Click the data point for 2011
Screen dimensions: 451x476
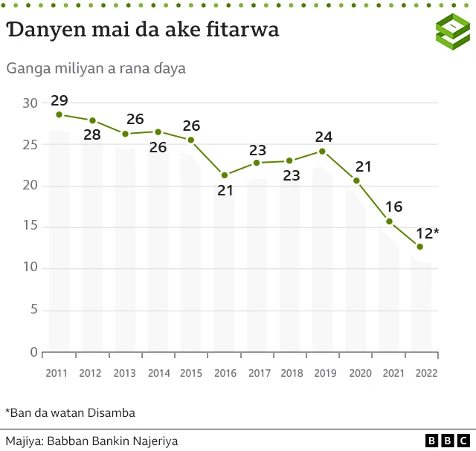(59, 114)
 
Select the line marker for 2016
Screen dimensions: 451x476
(225, 175)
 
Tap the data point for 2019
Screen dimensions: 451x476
(322, 151)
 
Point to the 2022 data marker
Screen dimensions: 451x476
(420, 247)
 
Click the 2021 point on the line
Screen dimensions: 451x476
(389, 221)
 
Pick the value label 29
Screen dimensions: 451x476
(59, 100)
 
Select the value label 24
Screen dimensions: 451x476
(324, 137)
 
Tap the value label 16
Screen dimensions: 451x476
(394, 207)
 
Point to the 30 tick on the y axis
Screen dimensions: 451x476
(30, 103)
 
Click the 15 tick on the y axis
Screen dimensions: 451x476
(30, 227)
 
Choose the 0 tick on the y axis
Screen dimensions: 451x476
(33, 352)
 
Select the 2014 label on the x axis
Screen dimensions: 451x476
(158, 374)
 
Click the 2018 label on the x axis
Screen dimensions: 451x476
(291, 374)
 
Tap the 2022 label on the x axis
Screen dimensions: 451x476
(424, 374)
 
